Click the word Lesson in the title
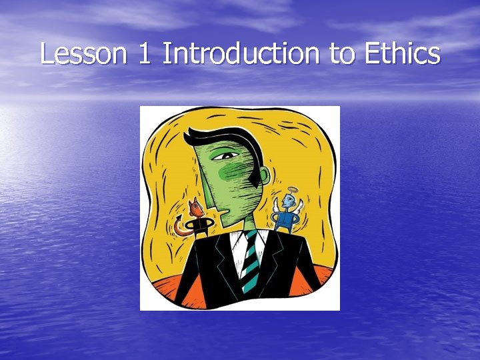pyautogui.click(x=83, y=53)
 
